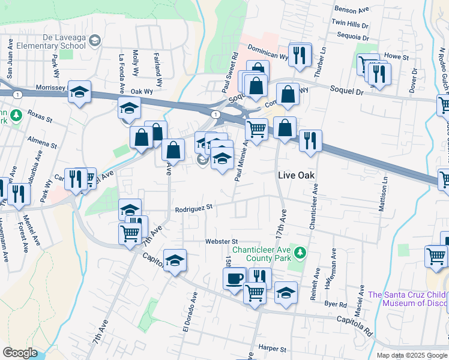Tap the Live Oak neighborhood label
click(297, 175)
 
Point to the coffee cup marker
click(235, 278)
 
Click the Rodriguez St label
click(194, 209)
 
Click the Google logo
click(20, 353)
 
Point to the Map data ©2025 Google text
click(411, 355)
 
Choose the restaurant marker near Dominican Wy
click(300, 55)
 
